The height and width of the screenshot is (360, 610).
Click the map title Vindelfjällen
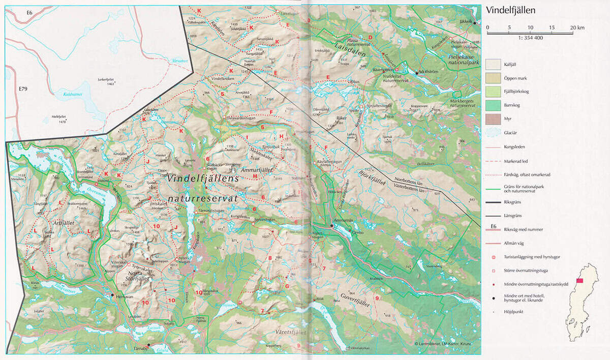[x=511, y=10]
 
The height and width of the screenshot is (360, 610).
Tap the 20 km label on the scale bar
[x=576, y=27]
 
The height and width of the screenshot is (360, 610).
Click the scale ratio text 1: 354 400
[x=528, y=38]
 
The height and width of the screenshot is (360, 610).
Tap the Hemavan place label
[x=124, y=297]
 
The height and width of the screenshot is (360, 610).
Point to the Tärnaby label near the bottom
[x=137, y=349]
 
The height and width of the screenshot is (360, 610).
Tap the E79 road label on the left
[x=23, y=89]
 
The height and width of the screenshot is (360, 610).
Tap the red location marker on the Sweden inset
[x=579, y=281]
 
